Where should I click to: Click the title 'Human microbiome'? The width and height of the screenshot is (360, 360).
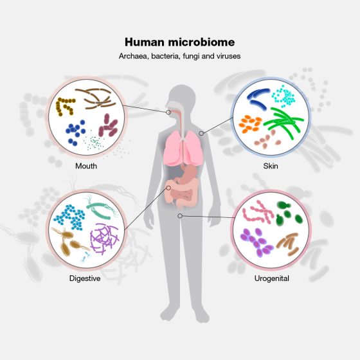pyautogui.click(x=179, y=42)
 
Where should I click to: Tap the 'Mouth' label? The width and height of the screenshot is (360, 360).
pyautogui.click(x=86, y=166)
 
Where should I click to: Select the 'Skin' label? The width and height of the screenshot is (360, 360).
pyautogui.click(x=271, y=166)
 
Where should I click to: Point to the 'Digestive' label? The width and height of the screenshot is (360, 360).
pyautogui.click(x=85, y=278)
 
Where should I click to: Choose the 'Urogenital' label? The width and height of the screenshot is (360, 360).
pyautogui.click(x=271, y=278)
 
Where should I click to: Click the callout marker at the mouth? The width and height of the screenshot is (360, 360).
pyautogui.click(x=168, y=113)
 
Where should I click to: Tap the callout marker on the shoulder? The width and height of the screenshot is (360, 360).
pyautogui.click(x=201, y=133)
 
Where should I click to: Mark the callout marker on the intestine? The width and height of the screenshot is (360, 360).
pyautogui.click(x=168, y=188)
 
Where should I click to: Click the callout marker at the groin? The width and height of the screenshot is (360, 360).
pyautogui.click(x=180, y=216)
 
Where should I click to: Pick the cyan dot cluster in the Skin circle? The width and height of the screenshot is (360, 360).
pyautogui.click(x=283, y=96)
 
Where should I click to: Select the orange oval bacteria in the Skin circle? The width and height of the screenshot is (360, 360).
pyautogui.click(x=250, y=124)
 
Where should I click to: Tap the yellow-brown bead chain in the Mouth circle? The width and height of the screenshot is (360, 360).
pyautogui.click(x=65, y=106)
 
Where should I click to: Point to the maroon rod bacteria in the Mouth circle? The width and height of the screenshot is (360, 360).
pyautogui.click(x=108, y=125)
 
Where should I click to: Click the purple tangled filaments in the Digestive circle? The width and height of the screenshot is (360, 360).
pyautogui.click(x=104, y=239)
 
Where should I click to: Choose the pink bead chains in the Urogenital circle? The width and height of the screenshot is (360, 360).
pyautogui.click(x=258, y=212)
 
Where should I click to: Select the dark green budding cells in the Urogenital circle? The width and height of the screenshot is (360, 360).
pyautogui.click(x=288, y=213)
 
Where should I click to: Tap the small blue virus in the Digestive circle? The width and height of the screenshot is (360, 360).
pyautogui.click(x=85, y=256)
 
